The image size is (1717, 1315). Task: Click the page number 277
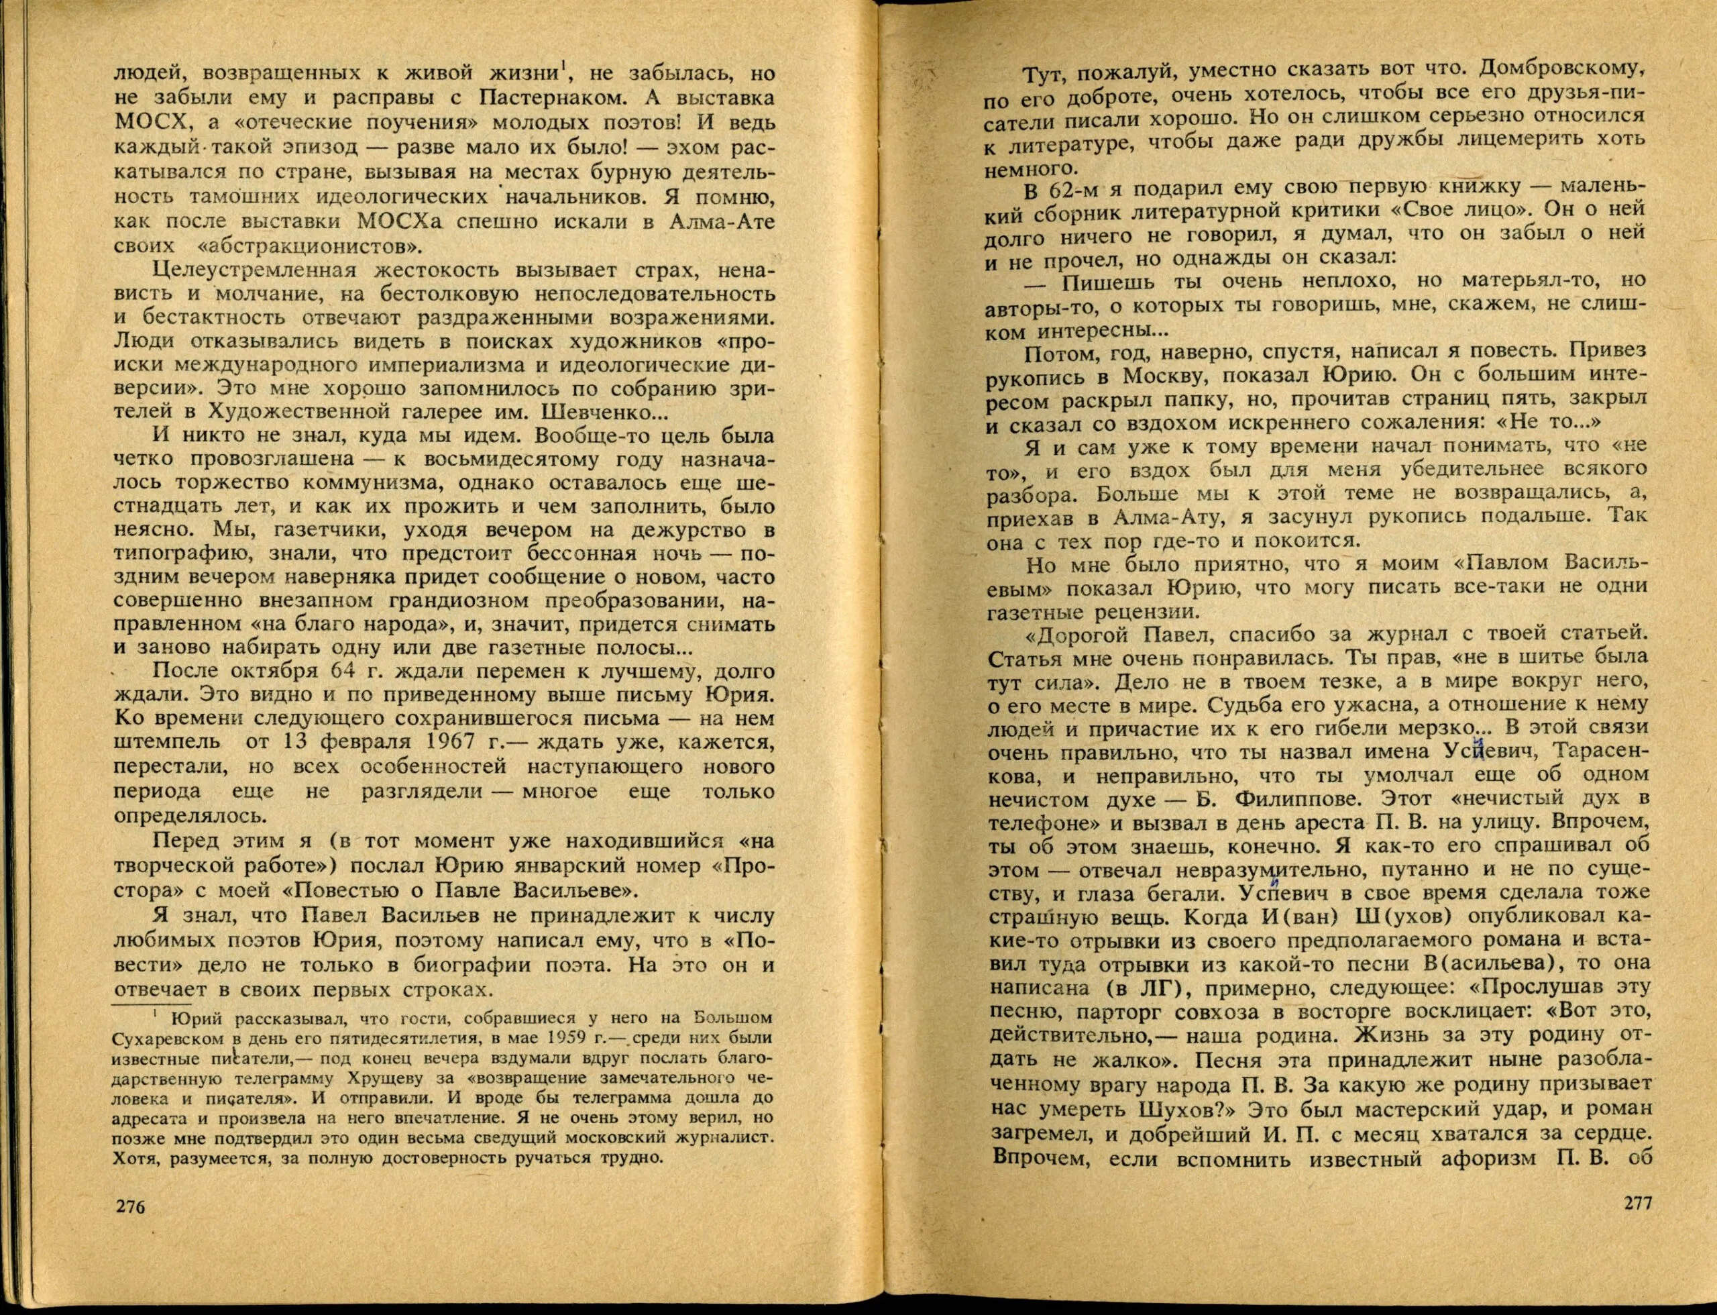1629,1224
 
